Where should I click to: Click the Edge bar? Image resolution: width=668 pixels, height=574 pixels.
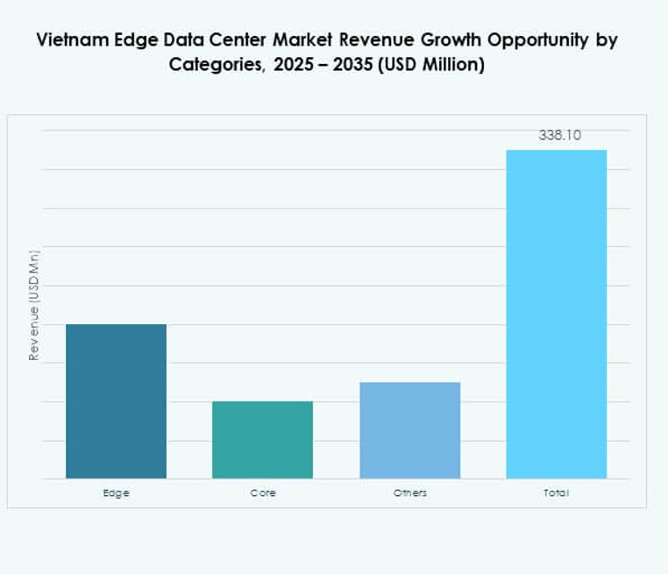tap(116, 401)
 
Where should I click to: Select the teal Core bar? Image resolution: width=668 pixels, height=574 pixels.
tap(262, 440)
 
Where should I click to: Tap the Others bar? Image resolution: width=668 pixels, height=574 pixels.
tap(409, 430)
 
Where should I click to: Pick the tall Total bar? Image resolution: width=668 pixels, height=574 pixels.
tap(556, 314)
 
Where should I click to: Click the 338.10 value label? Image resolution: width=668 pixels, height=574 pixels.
tap(559, 136)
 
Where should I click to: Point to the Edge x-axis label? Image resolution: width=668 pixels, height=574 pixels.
tap(116, 493)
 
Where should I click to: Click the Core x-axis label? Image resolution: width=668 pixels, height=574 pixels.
tap(262, 493)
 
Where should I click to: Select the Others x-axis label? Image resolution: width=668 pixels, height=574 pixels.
tap(409, 493)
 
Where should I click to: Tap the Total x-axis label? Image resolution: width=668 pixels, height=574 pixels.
tap(556, 493)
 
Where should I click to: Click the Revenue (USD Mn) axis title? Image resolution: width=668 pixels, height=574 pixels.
tap(34, 305)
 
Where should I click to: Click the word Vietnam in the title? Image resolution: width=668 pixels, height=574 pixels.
tap(68, 41)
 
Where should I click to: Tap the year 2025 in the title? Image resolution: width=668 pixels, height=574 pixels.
tap(296, 66)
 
